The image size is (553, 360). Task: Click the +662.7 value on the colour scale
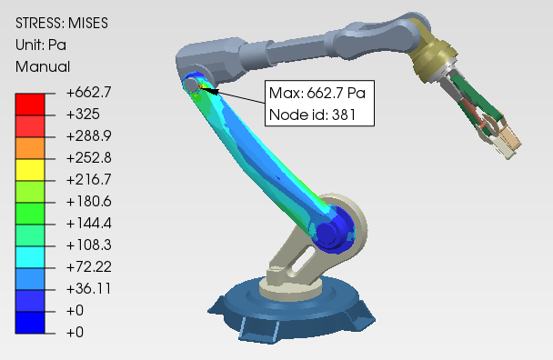click(88, 93)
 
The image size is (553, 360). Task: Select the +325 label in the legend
click(83, 115)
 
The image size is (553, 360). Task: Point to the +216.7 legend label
click(88, 179)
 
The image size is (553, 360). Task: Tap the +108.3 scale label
click(88, 245)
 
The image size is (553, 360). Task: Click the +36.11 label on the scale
click(88, 288)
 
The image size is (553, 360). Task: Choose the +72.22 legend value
click(88, 266)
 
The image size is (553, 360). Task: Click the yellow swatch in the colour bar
click(30, 170)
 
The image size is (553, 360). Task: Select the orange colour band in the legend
click(30, 148)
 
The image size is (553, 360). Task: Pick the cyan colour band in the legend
click(30, 256)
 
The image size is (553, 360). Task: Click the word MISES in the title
click(88, 24)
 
